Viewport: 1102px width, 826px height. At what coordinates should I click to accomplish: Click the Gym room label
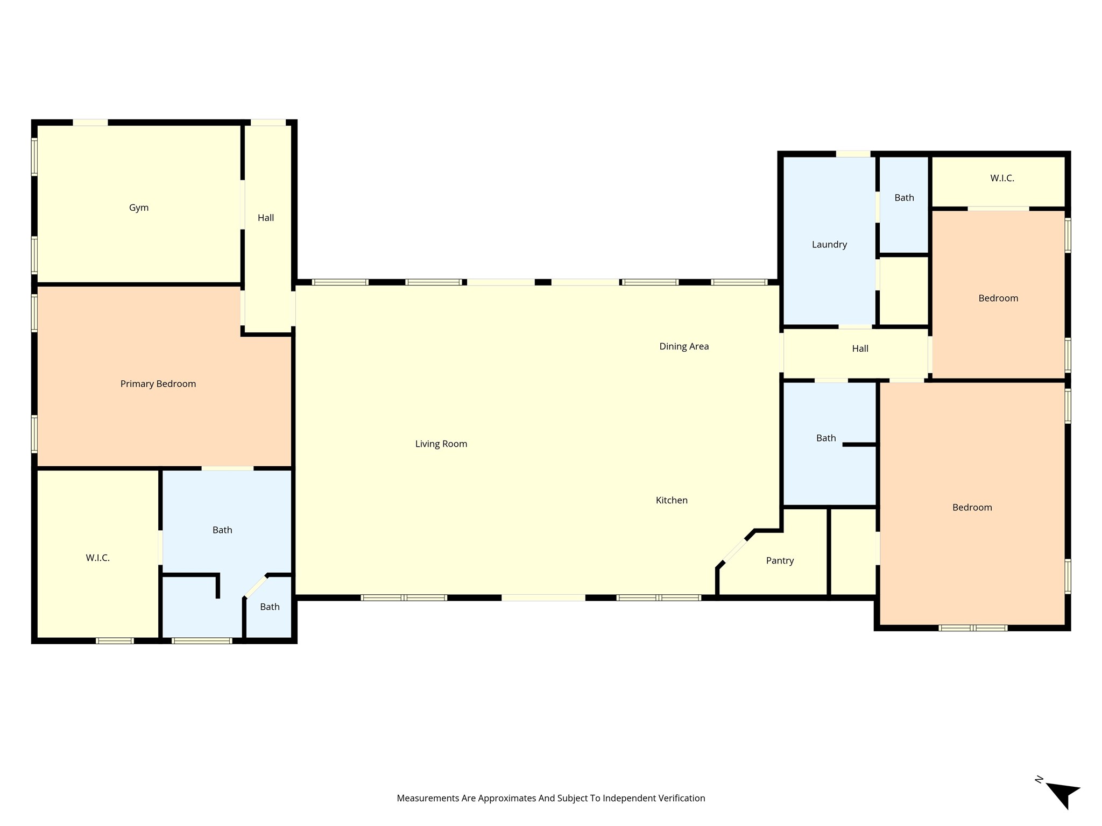[x=139, y=208]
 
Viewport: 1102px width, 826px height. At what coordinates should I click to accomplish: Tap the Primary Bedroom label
[x=158, y=384]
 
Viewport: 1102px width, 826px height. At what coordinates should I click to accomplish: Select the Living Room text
[x=441, y=444]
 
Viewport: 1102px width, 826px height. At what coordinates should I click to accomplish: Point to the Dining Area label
[x=684, y=347]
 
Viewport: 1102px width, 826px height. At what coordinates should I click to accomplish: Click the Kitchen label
[x=672, y=501]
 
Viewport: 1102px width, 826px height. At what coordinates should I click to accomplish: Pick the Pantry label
[x=780, y=561]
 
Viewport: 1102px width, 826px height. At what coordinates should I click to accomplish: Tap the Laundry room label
[x=829, y=245]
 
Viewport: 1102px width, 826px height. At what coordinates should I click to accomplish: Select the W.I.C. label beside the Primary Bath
[x=98, y=558]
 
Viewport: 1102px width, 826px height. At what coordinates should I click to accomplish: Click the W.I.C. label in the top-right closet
[x=1002, y=178]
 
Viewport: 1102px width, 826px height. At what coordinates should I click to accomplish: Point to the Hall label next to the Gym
[x=266, y=218]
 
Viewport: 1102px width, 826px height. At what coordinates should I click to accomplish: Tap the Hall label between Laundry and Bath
[x=860, y=348]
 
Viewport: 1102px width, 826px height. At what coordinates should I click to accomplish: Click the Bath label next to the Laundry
[x=904, y=198]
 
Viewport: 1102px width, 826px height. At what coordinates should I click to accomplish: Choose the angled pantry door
[x=735, y=550]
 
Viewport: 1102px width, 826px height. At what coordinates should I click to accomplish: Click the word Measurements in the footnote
[x=428, y=799]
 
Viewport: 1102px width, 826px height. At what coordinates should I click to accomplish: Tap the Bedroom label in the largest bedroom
[x=972, y=508]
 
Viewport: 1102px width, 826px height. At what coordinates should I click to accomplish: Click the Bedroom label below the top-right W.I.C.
[x=998, y=298]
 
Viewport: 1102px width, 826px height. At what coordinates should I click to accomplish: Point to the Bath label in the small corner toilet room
[x=270, y=607]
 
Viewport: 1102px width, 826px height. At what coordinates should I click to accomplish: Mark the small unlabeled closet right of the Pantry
[x=853, y=552]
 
